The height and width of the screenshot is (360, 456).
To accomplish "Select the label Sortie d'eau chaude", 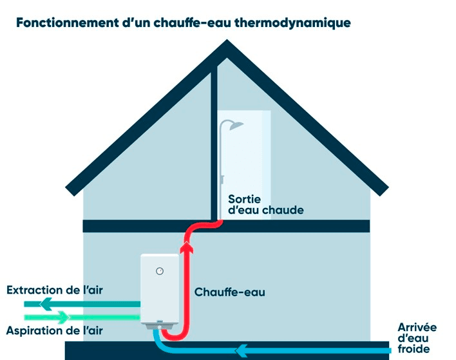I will pos(265,204).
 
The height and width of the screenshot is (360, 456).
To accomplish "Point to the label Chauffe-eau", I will pos(230,292).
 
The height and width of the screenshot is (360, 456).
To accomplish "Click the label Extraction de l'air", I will pos(55,290).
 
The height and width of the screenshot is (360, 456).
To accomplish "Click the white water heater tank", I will pos(159,287).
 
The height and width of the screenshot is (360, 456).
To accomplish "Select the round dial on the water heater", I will pos(160,271).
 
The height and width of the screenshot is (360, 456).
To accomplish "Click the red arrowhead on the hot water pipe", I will pos(187,247).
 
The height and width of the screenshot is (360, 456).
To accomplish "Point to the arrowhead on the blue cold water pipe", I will pos(243,350).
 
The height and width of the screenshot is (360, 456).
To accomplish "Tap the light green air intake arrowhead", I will pos(62,317).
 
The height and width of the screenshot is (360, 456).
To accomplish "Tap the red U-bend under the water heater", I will pos(174,336).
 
